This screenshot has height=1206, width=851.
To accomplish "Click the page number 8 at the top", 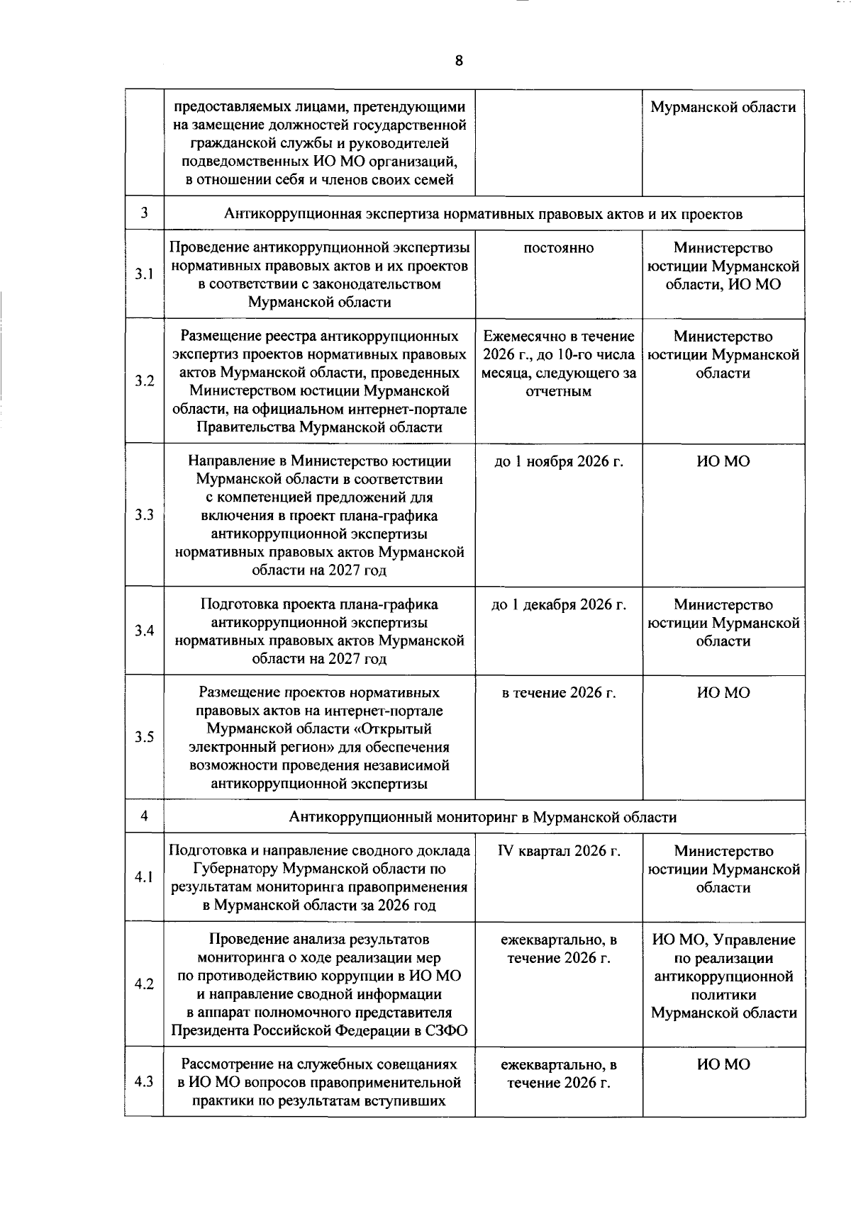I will pos(459,61).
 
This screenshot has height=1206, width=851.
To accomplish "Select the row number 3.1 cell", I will pos(145,274).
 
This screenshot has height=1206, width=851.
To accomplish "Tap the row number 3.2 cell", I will pos(145,381).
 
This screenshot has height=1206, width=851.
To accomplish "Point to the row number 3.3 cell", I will pos(145,515).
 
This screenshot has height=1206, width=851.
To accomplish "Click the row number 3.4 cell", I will pos(145,631).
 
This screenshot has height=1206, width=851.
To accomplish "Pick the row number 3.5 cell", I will pos(145,737).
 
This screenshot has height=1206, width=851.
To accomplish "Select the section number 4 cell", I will pos(145,816).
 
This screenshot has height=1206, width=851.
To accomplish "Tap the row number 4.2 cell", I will pos(145,984).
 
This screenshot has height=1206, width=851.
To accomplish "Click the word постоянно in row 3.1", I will pos(559,248).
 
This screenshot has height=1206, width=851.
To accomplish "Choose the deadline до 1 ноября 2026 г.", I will pos(559,462).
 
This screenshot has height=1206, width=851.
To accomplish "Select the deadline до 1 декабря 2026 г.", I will pos(559,605).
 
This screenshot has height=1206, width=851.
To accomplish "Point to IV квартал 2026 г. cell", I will pos(559,851).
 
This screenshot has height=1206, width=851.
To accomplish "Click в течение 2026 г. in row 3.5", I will pos(559,693).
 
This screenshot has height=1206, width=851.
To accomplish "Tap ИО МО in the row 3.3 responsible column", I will pos(723,462).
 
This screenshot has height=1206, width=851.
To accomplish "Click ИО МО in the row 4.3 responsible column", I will pos(723,1064).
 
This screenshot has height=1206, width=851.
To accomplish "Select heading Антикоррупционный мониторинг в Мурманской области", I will pos(483,817).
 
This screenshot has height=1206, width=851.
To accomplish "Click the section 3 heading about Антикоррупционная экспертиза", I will pos(483,214).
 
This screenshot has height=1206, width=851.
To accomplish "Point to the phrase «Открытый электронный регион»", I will pos(320,738).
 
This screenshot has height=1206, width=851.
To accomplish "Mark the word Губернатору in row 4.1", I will pos(235,869).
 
